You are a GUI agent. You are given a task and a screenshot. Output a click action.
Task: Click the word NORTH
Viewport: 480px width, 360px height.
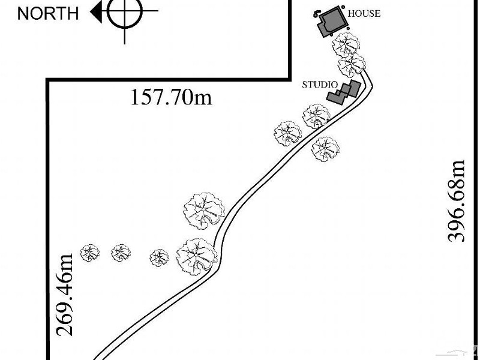pos(48,13)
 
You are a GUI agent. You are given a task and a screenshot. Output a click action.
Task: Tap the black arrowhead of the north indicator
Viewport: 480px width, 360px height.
pos(97,12)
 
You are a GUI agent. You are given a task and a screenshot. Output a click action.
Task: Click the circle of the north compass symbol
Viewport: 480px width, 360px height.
pos(125,11)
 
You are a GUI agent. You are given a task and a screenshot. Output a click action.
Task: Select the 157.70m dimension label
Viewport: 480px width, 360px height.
pos(171,97)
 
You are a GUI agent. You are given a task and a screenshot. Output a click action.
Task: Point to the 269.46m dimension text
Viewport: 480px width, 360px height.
pos(65,295)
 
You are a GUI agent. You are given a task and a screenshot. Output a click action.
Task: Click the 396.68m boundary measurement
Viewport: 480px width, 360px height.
pos(457,201)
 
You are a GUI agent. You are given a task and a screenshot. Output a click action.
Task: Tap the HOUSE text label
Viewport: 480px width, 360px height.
pos(364,13)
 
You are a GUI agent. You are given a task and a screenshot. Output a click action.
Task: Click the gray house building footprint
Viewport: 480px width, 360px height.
pos(332,22)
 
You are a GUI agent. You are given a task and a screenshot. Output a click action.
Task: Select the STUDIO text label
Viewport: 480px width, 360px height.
pos(320,85)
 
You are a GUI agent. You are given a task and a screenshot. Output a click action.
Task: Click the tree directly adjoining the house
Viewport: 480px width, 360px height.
pos(346,44)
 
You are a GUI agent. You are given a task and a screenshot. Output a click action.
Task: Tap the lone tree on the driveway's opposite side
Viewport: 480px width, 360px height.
pos(325,149)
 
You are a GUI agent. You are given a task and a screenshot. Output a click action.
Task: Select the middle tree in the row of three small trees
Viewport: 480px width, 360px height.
pos(121,253)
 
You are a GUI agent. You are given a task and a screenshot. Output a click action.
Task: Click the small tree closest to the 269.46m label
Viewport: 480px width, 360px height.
pos(89,253)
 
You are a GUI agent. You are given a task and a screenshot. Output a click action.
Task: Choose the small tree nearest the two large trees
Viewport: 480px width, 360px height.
pos(159,258)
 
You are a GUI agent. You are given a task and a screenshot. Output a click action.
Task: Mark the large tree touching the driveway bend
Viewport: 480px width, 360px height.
pos(197,257)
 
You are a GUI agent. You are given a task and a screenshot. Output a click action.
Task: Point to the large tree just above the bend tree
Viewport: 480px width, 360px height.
pos(204,211)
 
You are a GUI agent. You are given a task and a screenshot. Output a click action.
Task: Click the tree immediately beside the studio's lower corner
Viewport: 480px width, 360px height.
pos(317,116)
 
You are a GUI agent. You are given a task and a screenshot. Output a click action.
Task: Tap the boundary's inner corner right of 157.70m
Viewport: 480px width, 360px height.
pos(290,79)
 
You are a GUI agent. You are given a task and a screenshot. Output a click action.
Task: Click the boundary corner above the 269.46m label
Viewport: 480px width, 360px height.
pos(48,80)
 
